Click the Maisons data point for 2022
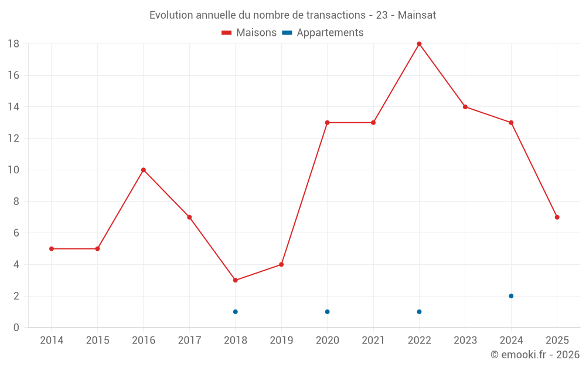pyautogui.click(x=419, y=44)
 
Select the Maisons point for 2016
pyautogui.click(x=144, y=170)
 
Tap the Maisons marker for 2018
pyautogui.click(x=236, y=280)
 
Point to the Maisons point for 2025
pyautogui.click(x=557, y=217)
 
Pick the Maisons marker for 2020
pyautogui.click(x=327, y=123)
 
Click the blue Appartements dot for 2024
pyautogui.click(x=511, y=296)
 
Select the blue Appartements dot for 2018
pyautogui.click(x=236, y=312)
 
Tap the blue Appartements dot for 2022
pyautogui.click(x=419, y=312)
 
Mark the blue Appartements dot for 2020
pyautogui.click(x=327, y=312)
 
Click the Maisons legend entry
pyautogui.click(x=249, y=33)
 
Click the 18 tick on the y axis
pyautogui.click(x=13, y=44)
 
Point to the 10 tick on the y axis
pyautogui.click(x=13, y=170)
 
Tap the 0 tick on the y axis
pyautogui.click(x=16, y=328)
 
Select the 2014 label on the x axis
pyautogui.click(x=52, y=340)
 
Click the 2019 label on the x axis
pyautogui.click(x=281, y=340)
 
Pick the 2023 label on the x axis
pyautogui.click(x=465, y=340)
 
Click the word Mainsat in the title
pyautogui.click(x=417, y=15)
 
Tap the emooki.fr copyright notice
pyautogui.click(x=534, y=355)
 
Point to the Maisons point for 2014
pyautogui.click(x=52, y=248)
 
